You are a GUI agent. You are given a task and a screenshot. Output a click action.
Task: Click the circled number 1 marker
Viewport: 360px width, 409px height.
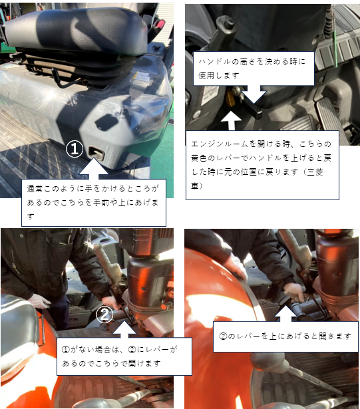point(75,149)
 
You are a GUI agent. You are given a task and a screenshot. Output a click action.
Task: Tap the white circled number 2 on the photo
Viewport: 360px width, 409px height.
point(104,315)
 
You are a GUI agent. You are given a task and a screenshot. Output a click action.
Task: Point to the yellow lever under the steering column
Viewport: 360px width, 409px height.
point(230,97)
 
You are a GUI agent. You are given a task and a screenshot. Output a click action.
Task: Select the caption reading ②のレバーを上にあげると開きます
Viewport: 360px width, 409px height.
point(285,337)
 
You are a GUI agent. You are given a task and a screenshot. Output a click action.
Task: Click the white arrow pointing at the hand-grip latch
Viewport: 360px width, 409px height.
point(93,168)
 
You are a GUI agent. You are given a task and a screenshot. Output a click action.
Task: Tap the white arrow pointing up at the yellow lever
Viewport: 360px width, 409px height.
point(232,120)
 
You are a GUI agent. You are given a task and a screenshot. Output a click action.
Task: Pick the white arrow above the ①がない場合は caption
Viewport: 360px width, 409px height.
point(124,329)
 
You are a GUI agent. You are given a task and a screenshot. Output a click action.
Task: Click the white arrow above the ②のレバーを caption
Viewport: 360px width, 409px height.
point(286,313)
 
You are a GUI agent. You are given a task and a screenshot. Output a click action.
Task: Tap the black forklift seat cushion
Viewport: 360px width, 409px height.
point(79,29)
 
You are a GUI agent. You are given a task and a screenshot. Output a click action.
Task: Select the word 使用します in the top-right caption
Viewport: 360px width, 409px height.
point(219,76)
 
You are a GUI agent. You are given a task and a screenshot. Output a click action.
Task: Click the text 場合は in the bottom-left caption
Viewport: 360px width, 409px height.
point(107,350)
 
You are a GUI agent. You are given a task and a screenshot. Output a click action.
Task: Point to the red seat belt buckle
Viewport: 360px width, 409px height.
point(158,25)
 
